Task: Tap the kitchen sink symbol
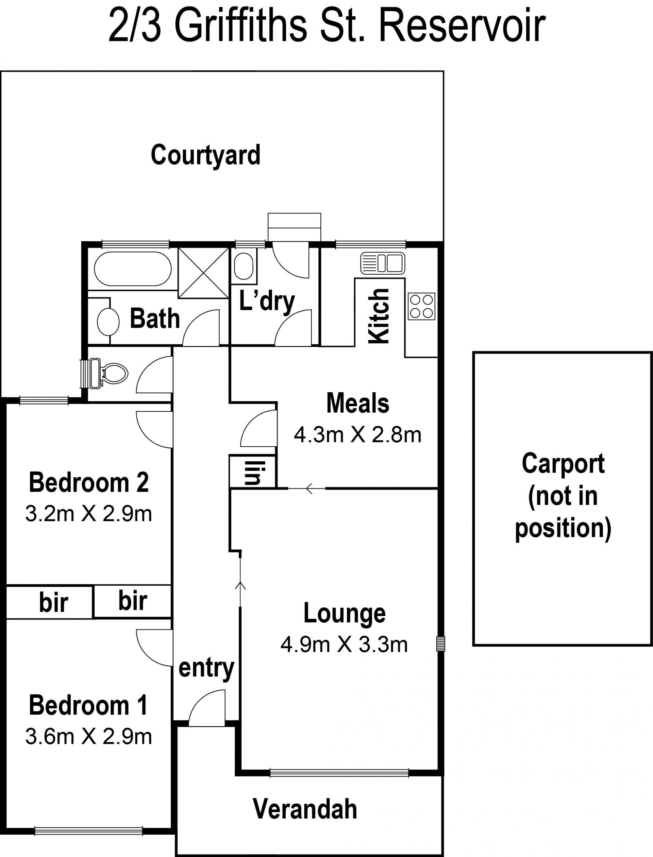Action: [x=383, y=263]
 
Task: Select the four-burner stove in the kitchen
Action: [x=421, y=307]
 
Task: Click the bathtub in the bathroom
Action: [x=133, y=269]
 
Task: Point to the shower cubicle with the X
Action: [x=203, y=273]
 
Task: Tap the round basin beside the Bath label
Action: [x=108, y=322]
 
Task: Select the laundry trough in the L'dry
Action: [x=244, y=267]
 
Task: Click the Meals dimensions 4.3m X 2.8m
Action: [x=357, y=435]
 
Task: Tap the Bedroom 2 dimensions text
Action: [x=89, y=514]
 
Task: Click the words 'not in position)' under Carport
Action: [x=563, y=513]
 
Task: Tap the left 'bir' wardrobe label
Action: [x=53, y=602]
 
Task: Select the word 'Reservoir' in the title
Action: [x=462, y=26]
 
